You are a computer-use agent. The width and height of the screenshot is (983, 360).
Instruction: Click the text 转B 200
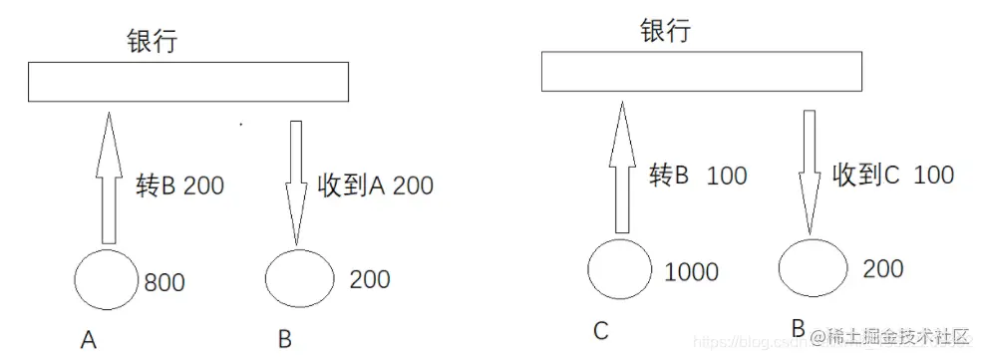tap(178, 185)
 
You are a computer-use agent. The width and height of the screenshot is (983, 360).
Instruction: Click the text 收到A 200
tap(375, 185)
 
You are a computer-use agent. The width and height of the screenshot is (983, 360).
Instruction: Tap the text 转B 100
tap(698, 177)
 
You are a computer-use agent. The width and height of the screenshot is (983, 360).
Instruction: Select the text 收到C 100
tap(893, 176)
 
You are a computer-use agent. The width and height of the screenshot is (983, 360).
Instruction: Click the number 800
tap(164, 282)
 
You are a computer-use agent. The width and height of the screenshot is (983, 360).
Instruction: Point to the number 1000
tap(690, 271)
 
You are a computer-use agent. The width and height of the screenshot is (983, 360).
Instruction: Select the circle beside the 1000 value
tap(620, 269)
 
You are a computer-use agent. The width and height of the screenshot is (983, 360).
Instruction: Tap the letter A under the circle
tap(89, 341)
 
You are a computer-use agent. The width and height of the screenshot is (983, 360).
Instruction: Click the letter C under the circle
tap(600, 330)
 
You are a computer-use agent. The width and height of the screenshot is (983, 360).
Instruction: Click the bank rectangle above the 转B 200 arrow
tap(187, 82)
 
